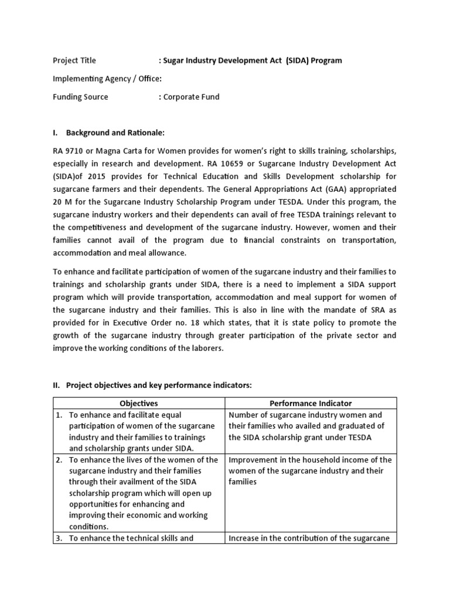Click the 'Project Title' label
click(74, 60)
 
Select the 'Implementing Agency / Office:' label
click(107, 79)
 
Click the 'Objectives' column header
click(139, 403)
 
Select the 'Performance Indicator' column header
click(311, 403)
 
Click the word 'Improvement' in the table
click(253, 460)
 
